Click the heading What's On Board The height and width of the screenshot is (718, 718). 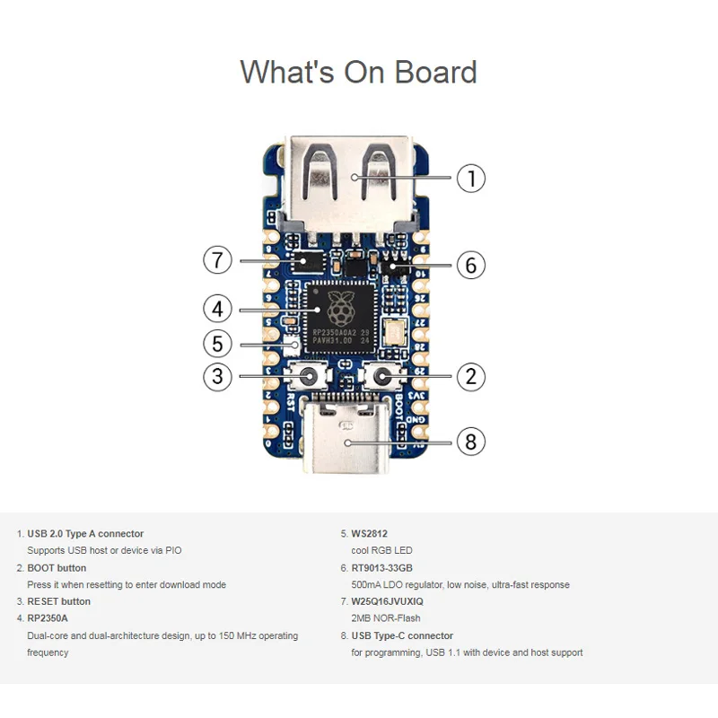(358, 72)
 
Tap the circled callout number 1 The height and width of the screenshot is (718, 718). (471, 178)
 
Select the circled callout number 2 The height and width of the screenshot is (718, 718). (471, 376)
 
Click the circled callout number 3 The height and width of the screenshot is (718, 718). (217, 376)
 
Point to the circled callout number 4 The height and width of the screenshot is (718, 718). (217, 309)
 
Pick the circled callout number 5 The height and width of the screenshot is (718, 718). (217, 343)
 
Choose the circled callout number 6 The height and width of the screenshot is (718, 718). (471, 265)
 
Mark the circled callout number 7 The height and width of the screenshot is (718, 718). (217, 260)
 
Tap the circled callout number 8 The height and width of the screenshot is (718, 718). (471, 441)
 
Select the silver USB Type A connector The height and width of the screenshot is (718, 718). (350, 179)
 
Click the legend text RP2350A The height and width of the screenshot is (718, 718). (47, 618)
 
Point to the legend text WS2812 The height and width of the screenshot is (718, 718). (369, 533)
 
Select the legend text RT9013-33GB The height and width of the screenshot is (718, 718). (381, 567)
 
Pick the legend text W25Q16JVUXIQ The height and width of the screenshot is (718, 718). (387, 601)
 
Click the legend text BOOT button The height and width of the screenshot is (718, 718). (57, 567)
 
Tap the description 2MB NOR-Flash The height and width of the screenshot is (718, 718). (386, 618)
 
